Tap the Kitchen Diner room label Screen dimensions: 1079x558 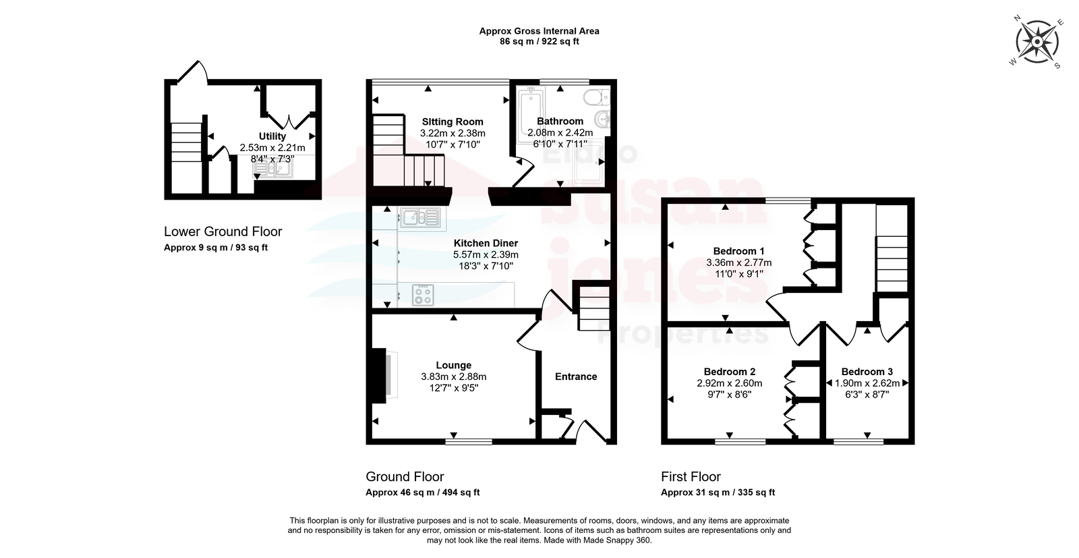tap(486, 244)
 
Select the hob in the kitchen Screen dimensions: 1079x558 tap(423, 295)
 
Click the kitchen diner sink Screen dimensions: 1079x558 tap(421, 219)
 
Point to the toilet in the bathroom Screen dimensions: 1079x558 tap(597, 97)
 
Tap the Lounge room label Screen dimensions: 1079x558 tap(454, 366)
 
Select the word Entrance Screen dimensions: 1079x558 tap(576, 376)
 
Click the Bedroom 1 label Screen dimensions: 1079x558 tap(738, 251)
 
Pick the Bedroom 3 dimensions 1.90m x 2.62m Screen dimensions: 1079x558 tap(867, 383)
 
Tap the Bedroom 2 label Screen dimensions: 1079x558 tap(729, 372)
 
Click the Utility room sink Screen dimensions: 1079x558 tap(273, 167)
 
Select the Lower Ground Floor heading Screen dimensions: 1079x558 tap(223, 232)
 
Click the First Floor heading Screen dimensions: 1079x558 tap(691, 477)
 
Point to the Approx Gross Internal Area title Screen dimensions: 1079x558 tap(539, 31)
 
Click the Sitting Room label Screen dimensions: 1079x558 tap(453, 122)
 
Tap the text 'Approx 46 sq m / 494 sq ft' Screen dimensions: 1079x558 tap(422, 493)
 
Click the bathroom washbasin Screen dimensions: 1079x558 tap(602, 117)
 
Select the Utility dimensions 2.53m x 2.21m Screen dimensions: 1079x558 tap(272, 148)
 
